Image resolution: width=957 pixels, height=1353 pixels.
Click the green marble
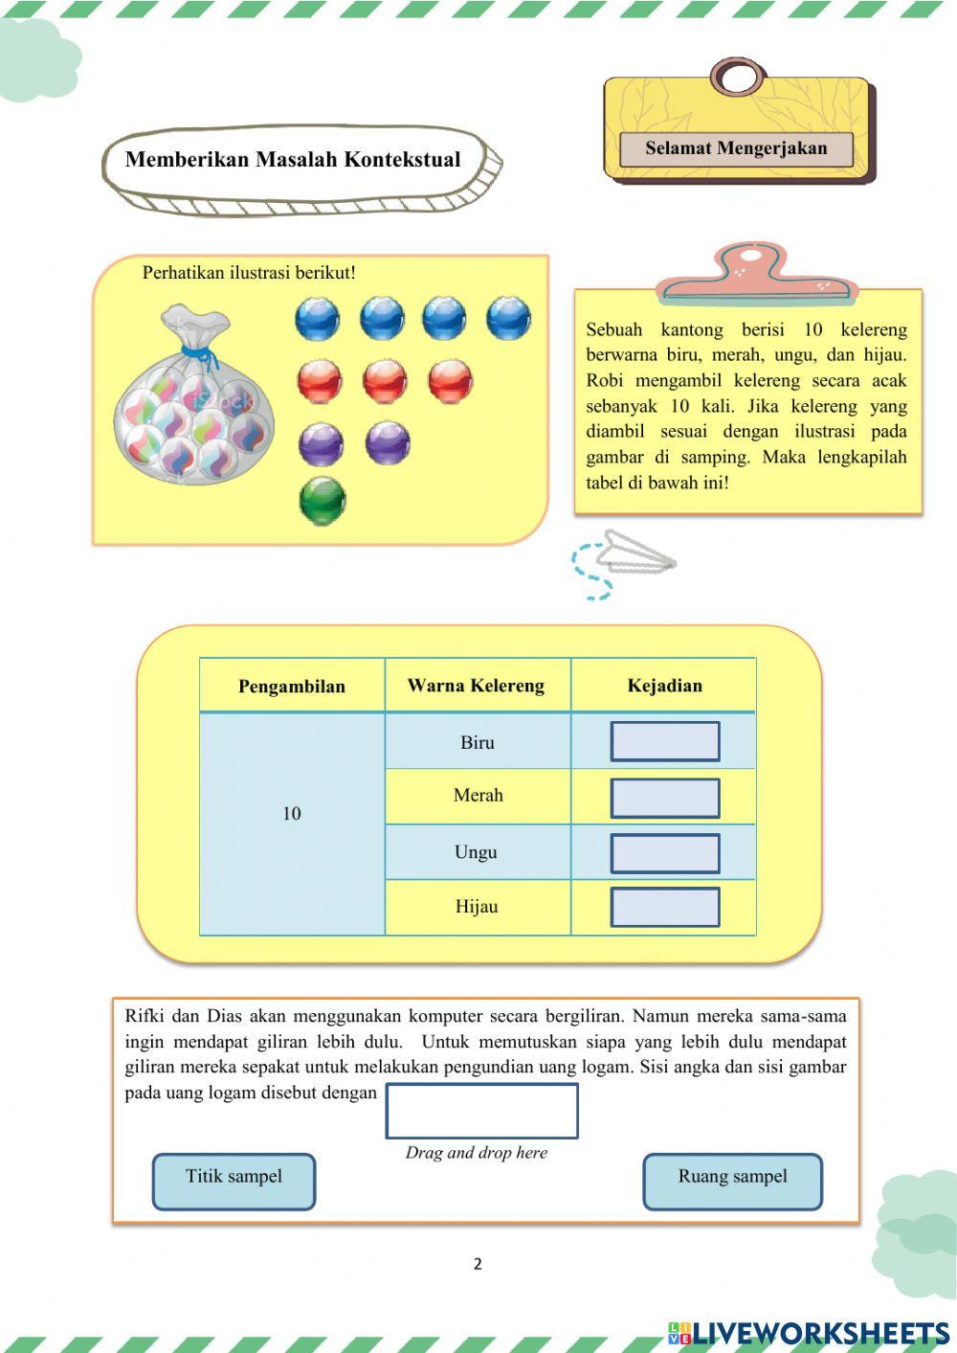click(x=323, y=500)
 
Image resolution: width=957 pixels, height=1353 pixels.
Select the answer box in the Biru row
click(x=665, y=742)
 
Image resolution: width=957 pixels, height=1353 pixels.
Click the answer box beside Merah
click(x=665, y=798)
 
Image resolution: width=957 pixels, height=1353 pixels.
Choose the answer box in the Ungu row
click(x=665, y=853)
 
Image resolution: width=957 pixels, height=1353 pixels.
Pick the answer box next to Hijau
click(x=665, y=907)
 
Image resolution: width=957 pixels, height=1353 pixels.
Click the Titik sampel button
click(x=234, y=1181)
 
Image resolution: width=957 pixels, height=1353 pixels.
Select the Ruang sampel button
click(x=732, y=1181)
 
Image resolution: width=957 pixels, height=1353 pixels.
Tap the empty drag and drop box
click(x=481, y=1111)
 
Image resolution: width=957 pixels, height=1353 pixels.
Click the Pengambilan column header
click(x=292, y=686)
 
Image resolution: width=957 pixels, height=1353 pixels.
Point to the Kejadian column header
click(x=664, y=686)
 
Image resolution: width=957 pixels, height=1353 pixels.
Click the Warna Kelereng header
click(x=476, y=686)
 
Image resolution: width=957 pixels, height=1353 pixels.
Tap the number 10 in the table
click(x=292, y=813)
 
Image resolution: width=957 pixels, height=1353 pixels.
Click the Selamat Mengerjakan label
click(x=736, y=148)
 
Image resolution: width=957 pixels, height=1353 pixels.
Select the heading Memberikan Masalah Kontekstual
click(x=293, y=160)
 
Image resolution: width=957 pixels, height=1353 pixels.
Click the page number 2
click(x=478, y=1264)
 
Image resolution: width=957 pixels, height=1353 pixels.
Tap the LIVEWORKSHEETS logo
click(x=810, y=1333)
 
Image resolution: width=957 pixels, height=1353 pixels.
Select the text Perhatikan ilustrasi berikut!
click(x=249, y=273)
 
